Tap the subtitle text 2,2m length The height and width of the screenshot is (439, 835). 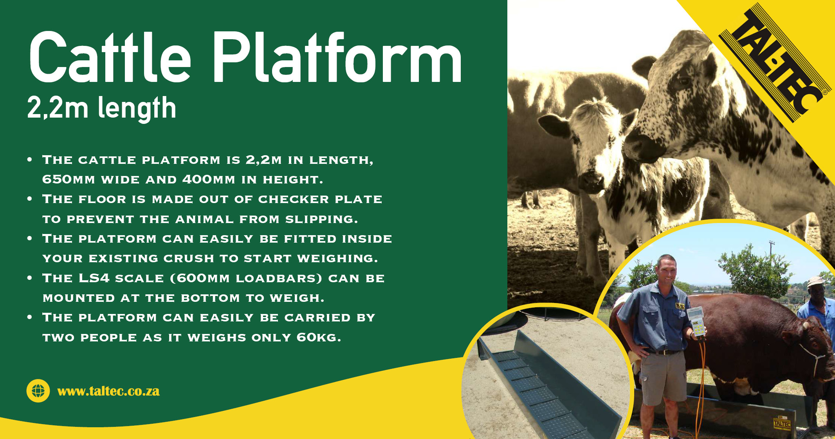102,108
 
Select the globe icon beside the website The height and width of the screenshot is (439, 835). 38,391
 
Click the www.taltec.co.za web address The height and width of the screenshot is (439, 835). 108,391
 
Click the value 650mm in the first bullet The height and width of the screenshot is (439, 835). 69,180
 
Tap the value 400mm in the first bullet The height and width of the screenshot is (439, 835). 209,180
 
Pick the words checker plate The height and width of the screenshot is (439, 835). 320,199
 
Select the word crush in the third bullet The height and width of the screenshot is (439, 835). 189,258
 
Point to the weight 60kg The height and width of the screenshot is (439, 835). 318,337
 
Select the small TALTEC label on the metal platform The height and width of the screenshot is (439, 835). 782,423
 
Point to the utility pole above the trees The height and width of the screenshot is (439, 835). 771,249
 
